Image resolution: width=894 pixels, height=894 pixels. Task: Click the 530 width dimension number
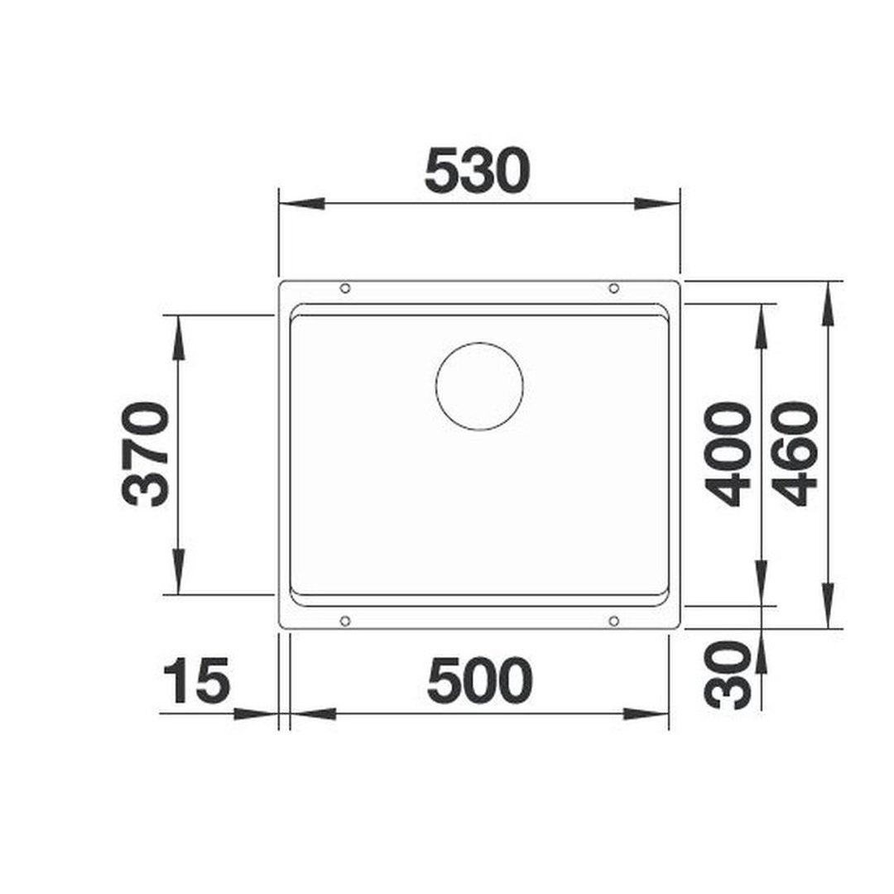coord(478,170)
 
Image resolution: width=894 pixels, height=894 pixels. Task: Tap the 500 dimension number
coord(479,680)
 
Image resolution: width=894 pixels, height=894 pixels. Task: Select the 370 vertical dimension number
coord(146,454)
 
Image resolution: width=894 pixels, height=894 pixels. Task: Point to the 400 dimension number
coord(728,454)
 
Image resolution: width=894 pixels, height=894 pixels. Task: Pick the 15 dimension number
coord(197,680)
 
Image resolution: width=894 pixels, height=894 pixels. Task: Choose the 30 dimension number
coord(728,674)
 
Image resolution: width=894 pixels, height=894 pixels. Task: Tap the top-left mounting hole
coord(345,289)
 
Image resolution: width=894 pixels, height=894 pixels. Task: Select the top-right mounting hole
coord(614,289)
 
